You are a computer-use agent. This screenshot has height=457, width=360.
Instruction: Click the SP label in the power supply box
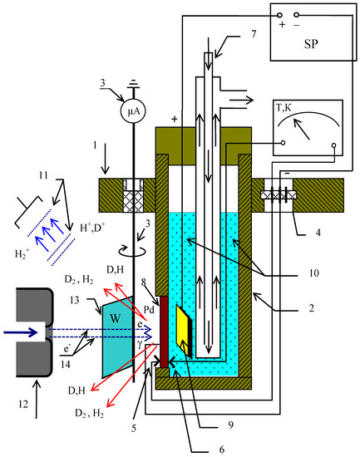coord(311,44)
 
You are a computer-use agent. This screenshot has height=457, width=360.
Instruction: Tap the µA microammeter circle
coord(133,111)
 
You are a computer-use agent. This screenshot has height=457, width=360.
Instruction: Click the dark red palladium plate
coord(165,332)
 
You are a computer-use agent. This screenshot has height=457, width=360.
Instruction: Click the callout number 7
coord(254,34)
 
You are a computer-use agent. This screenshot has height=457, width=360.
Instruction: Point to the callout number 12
coord(23,404)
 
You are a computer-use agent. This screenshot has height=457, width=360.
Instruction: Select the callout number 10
coord(314,273)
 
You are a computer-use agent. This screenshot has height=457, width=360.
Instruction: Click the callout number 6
coord(222,450)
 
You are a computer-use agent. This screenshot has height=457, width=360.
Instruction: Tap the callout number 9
coord(231,425)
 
